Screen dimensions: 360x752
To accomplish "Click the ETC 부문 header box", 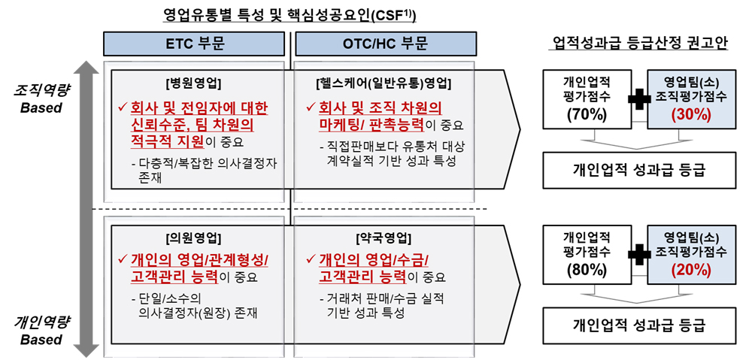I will pyautogui.click(x=194, y=44).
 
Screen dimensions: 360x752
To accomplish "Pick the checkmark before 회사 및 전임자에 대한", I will pyautogui.click(x=123, y=106).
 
